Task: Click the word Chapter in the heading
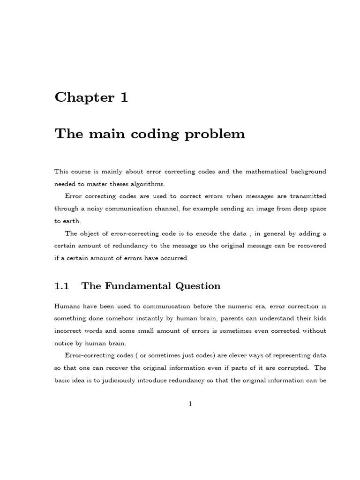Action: [x=84, y=97]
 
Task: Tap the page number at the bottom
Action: [x=190, y=404]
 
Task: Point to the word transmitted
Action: [x=307, y=196]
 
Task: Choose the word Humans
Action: [x=68, y=306]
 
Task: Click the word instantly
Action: [x=149, y=318]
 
